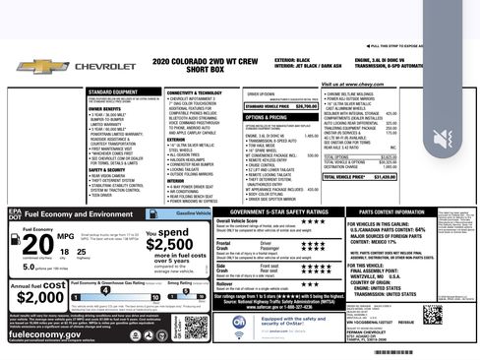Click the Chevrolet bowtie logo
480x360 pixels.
coord(41,68)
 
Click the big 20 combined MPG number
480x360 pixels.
coord(38,243)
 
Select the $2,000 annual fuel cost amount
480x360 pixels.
coord(40,298)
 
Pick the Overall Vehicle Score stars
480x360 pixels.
coord(286,221)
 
